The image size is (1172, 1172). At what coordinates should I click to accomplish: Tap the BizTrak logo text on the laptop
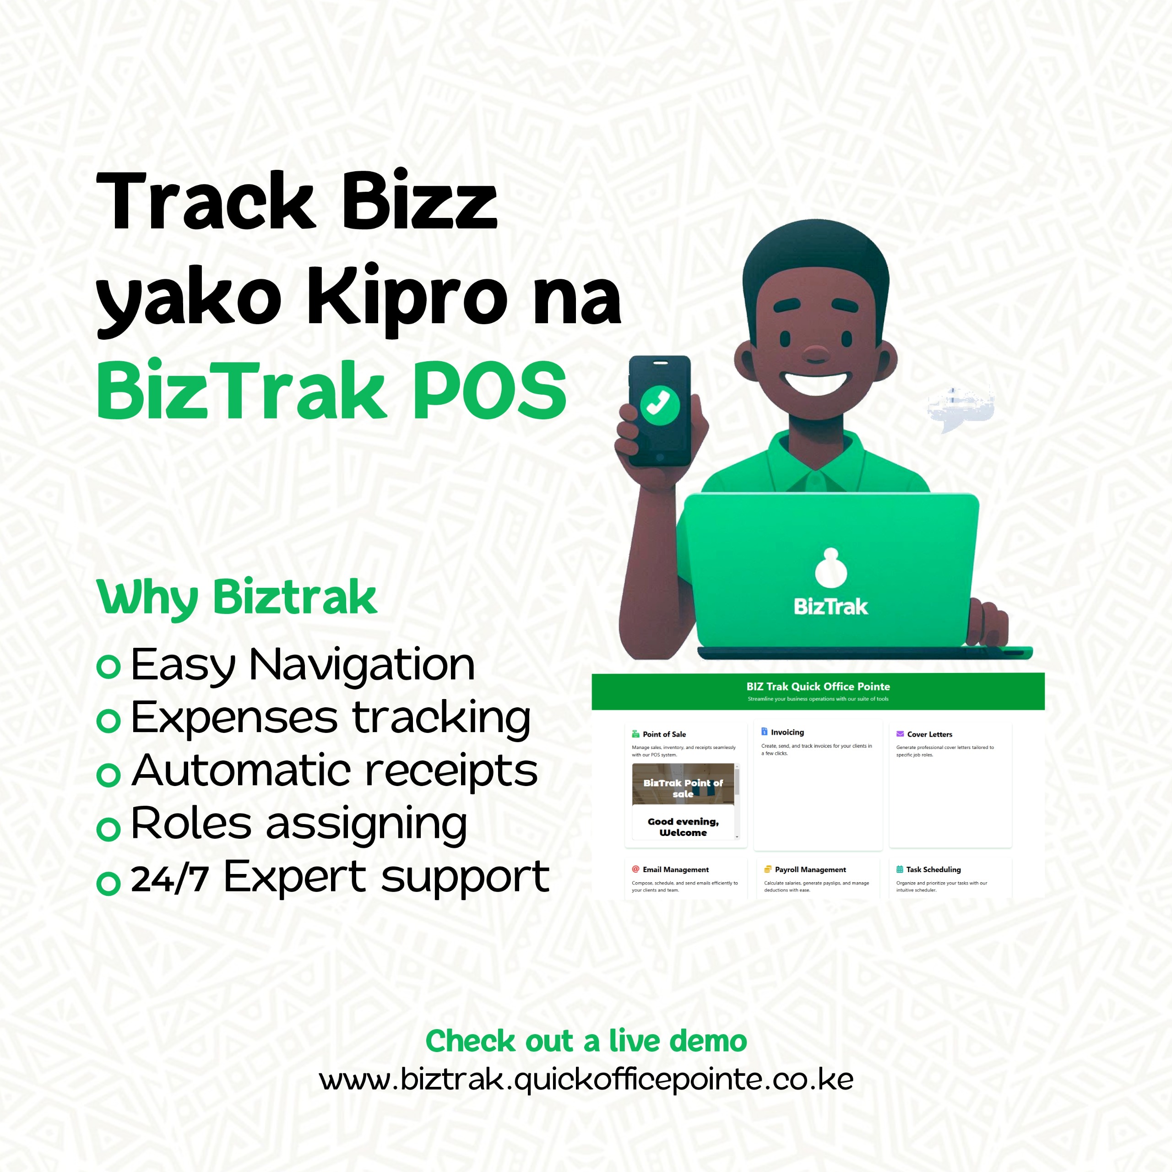(x=830, y=607)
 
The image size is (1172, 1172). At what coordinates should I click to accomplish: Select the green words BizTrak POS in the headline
(x=331, y=390)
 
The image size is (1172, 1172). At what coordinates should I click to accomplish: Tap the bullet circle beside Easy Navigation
(x=109, y=667)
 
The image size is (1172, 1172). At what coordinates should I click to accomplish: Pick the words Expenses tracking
(x=331, y=718)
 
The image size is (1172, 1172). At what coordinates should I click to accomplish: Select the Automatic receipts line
(x=334, y=770)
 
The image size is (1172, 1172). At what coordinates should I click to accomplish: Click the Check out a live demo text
(x=586, y=1041)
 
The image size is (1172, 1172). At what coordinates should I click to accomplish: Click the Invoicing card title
(x=787, y=732)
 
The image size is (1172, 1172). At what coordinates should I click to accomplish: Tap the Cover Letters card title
(x=929, y=734)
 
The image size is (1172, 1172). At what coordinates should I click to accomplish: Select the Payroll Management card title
(x=810, y=869)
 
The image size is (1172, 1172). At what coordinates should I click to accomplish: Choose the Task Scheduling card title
(x=933, y=869)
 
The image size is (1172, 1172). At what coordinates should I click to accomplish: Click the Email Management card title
(x=675, y=869)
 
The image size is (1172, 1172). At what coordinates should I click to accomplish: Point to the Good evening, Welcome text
(x=683, y=827)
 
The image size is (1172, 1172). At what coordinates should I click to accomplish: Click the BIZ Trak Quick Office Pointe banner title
(x=818, y=686)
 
